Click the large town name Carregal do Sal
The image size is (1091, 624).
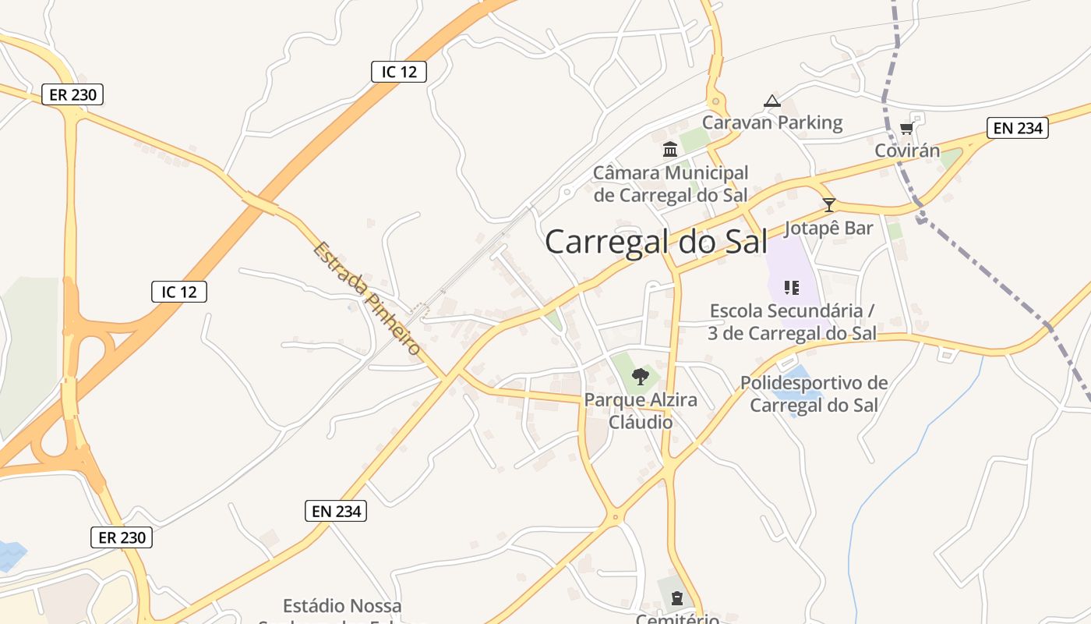tap(656, 242)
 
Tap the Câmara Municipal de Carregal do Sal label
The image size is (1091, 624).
tap(670, 184)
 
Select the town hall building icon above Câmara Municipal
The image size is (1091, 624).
tap(670, 149)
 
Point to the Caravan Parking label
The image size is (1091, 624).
tap(772, 122)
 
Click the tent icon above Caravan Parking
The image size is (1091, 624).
tap(772, 101)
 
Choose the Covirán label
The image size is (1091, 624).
tap(907, 151)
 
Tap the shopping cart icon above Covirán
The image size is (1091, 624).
tap(906, 129)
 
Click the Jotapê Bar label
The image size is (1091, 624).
tap(828, 229)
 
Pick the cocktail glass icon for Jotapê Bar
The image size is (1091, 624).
tap(829, 205)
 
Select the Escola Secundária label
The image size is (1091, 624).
tap(792, 322)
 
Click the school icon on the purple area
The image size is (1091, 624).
tap(792, 288)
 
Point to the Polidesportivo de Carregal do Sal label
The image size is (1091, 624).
tap(814, 394)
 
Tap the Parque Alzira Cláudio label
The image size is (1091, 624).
tap(641, 411)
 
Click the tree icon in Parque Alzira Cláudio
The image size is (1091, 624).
tap(641, 378)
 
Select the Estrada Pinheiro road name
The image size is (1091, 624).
tap(367, 299)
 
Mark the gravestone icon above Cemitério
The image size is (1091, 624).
tap(676, 598)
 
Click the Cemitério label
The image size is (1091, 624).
tap(677, 619)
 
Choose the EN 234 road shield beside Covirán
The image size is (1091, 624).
tap(1017, 128)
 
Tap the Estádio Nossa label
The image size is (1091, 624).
tap(342, 606)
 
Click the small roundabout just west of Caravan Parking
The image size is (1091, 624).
tap(715, 101)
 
